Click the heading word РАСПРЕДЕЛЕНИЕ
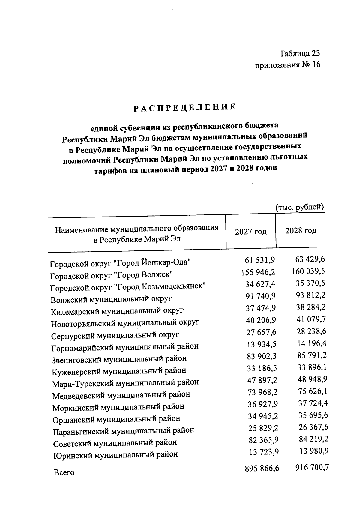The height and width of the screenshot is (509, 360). (x=184, y=107)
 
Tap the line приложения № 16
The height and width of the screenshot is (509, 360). (x=287, y=65)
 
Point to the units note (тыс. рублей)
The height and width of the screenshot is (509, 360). (x=299, y=207)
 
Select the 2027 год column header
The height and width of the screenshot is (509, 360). (x=250, y=232)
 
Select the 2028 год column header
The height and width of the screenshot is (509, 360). (x=301, y=231)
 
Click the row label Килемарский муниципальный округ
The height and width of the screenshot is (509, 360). (x=117, y=311)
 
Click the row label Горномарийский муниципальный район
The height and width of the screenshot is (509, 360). (x=125, y=347)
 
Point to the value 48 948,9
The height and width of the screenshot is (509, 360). (x=312, y=379)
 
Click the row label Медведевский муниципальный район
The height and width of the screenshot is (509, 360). (x=121, y=395)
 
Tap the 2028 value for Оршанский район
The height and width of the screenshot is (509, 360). (x=313, y=415)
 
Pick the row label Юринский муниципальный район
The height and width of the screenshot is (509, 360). (x=115, y=455)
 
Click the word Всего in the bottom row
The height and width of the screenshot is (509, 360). (x=64, y=473)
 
